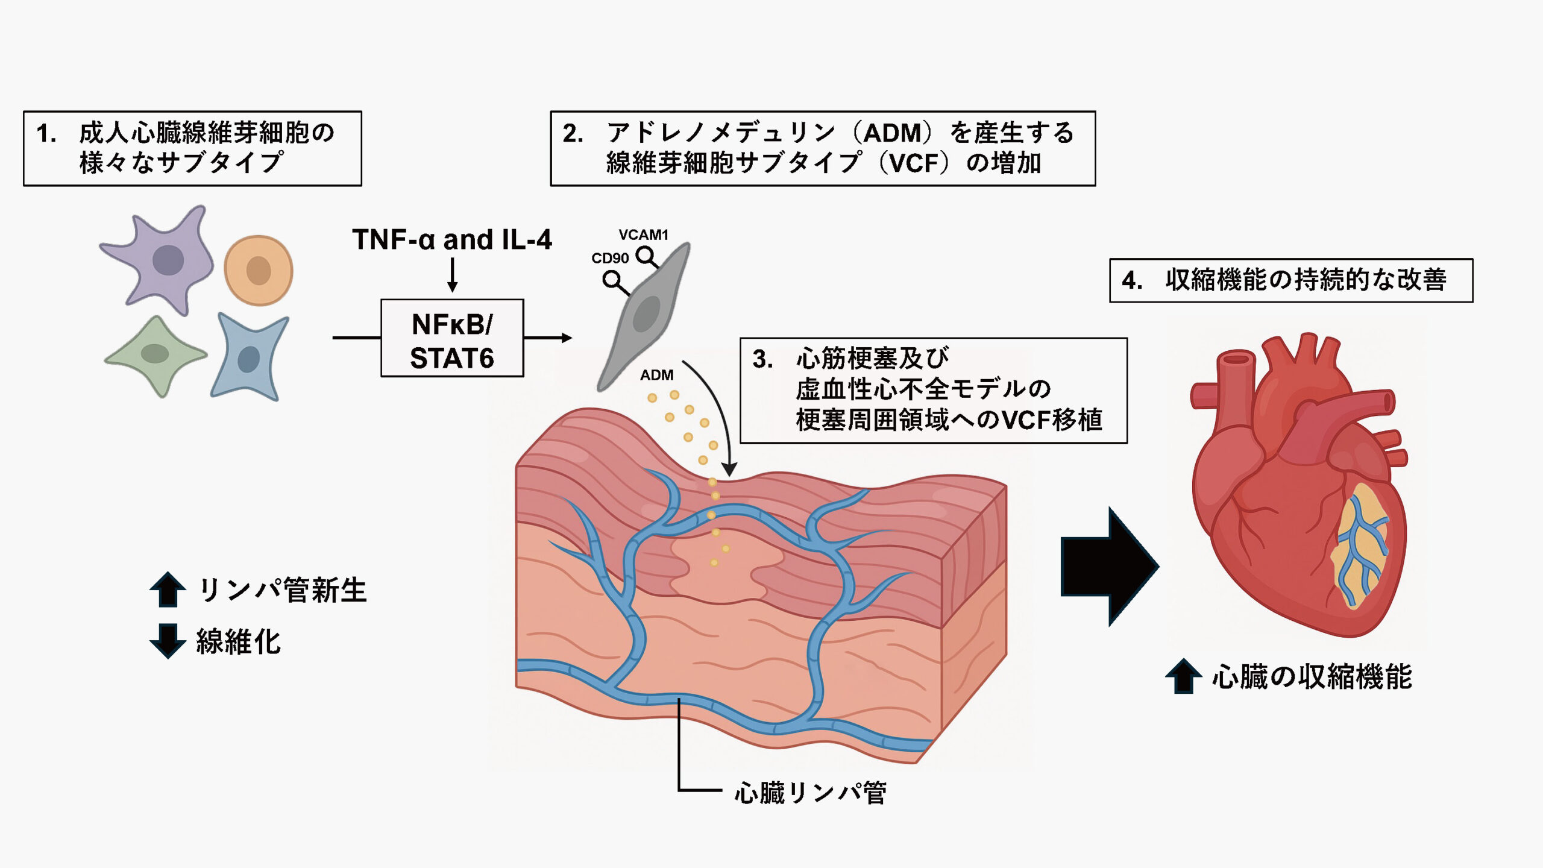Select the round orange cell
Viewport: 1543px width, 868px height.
259,270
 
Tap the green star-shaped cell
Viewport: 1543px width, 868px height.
156,354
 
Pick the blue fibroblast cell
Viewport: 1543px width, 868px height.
249,358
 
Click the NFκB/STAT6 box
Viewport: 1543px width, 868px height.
452,338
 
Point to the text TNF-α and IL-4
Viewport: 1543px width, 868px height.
452,240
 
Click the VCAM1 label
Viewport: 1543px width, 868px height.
643,235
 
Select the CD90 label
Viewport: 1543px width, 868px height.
609,259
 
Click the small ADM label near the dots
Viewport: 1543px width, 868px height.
656,375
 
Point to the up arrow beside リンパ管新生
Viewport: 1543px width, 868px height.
168,589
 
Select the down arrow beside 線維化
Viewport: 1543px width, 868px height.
168,641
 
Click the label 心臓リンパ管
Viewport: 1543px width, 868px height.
810,793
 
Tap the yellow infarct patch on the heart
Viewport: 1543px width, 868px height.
1363,546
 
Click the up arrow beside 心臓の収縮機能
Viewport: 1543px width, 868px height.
1184,676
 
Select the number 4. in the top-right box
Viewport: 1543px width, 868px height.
1132,281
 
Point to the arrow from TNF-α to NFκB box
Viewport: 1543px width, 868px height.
452,275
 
